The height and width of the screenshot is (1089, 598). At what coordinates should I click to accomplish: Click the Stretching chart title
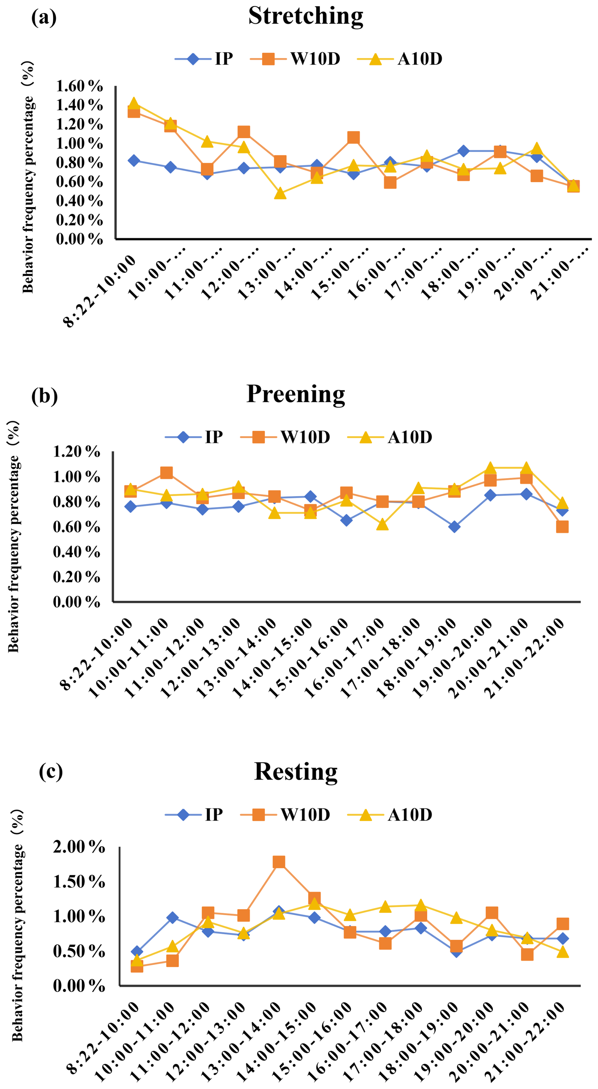click(x=306, y=16)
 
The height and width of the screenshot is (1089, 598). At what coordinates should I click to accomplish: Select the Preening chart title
click(x=296, y=394)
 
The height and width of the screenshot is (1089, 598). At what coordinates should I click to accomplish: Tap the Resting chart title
click(x=296, y=772)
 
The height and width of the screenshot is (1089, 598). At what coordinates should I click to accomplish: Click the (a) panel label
click(x=44, y=17)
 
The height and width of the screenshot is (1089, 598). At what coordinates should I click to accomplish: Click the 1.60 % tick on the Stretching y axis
click(x=79, y=86)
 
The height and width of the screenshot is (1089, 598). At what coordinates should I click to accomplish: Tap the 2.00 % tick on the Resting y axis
click(x=79, y=847)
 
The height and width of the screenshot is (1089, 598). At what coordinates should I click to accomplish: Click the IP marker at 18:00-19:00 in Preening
click(x=454, y=527)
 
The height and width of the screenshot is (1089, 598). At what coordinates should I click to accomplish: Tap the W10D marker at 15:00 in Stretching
click(x=354, y=138)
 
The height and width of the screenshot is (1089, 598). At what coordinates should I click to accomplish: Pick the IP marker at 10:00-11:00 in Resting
click(x=172, y=918)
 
